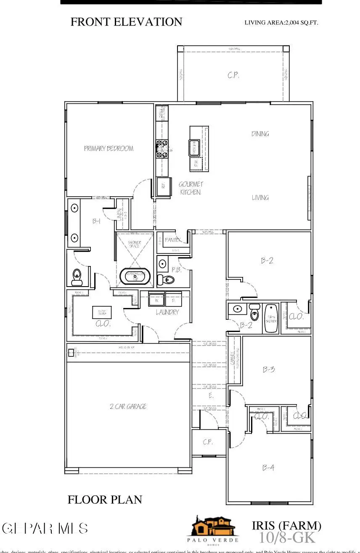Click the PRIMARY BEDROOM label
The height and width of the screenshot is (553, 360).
pos(109,148)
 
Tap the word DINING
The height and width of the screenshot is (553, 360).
pos(260,134)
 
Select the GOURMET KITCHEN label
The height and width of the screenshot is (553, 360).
pos(191,188)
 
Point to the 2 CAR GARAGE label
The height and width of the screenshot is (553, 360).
pos(128,406)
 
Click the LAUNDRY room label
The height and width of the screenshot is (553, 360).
pos(167,312)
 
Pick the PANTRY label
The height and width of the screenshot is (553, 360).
pos(172,240)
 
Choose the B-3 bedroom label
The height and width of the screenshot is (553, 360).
pos(269,370)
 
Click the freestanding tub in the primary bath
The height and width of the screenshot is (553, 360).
pos(135,276)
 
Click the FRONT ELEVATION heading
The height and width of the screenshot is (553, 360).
pos(126,22)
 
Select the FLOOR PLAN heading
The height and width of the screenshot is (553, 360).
pos(105,500)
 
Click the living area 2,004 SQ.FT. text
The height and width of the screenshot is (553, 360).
pos(281,23)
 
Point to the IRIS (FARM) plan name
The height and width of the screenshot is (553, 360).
pos(286,526)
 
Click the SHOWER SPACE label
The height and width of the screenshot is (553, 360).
pos(134,244)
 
